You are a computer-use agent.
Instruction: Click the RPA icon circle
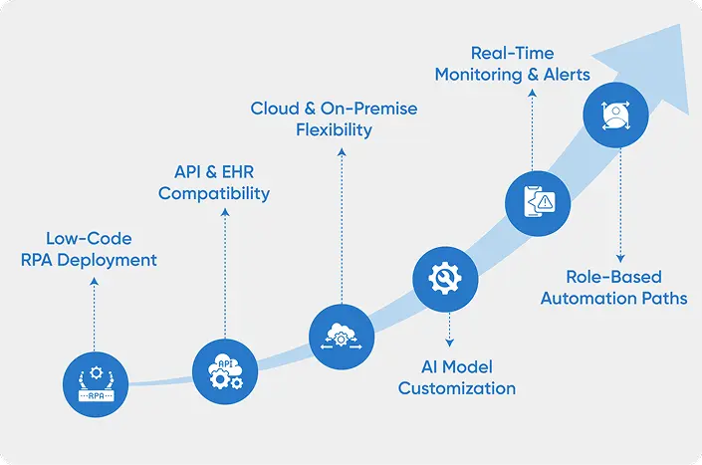[95, 380]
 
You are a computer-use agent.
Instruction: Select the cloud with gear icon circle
[342, 338]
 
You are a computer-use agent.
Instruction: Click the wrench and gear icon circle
[444, 278]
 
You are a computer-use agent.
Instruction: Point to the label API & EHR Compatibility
[214, 183]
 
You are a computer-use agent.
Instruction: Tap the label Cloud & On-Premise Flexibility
[334, 118]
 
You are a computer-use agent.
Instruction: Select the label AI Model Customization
[457, 377]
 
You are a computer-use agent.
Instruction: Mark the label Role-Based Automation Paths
[613, 287]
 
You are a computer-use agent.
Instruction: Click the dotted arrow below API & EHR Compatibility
[224, 269]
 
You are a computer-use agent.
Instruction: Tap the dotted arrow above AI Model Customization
[450, 328]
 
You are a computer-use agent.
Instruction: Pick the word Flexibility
[334, 129]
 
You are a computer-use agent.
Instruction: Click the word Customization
[457, 388]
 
